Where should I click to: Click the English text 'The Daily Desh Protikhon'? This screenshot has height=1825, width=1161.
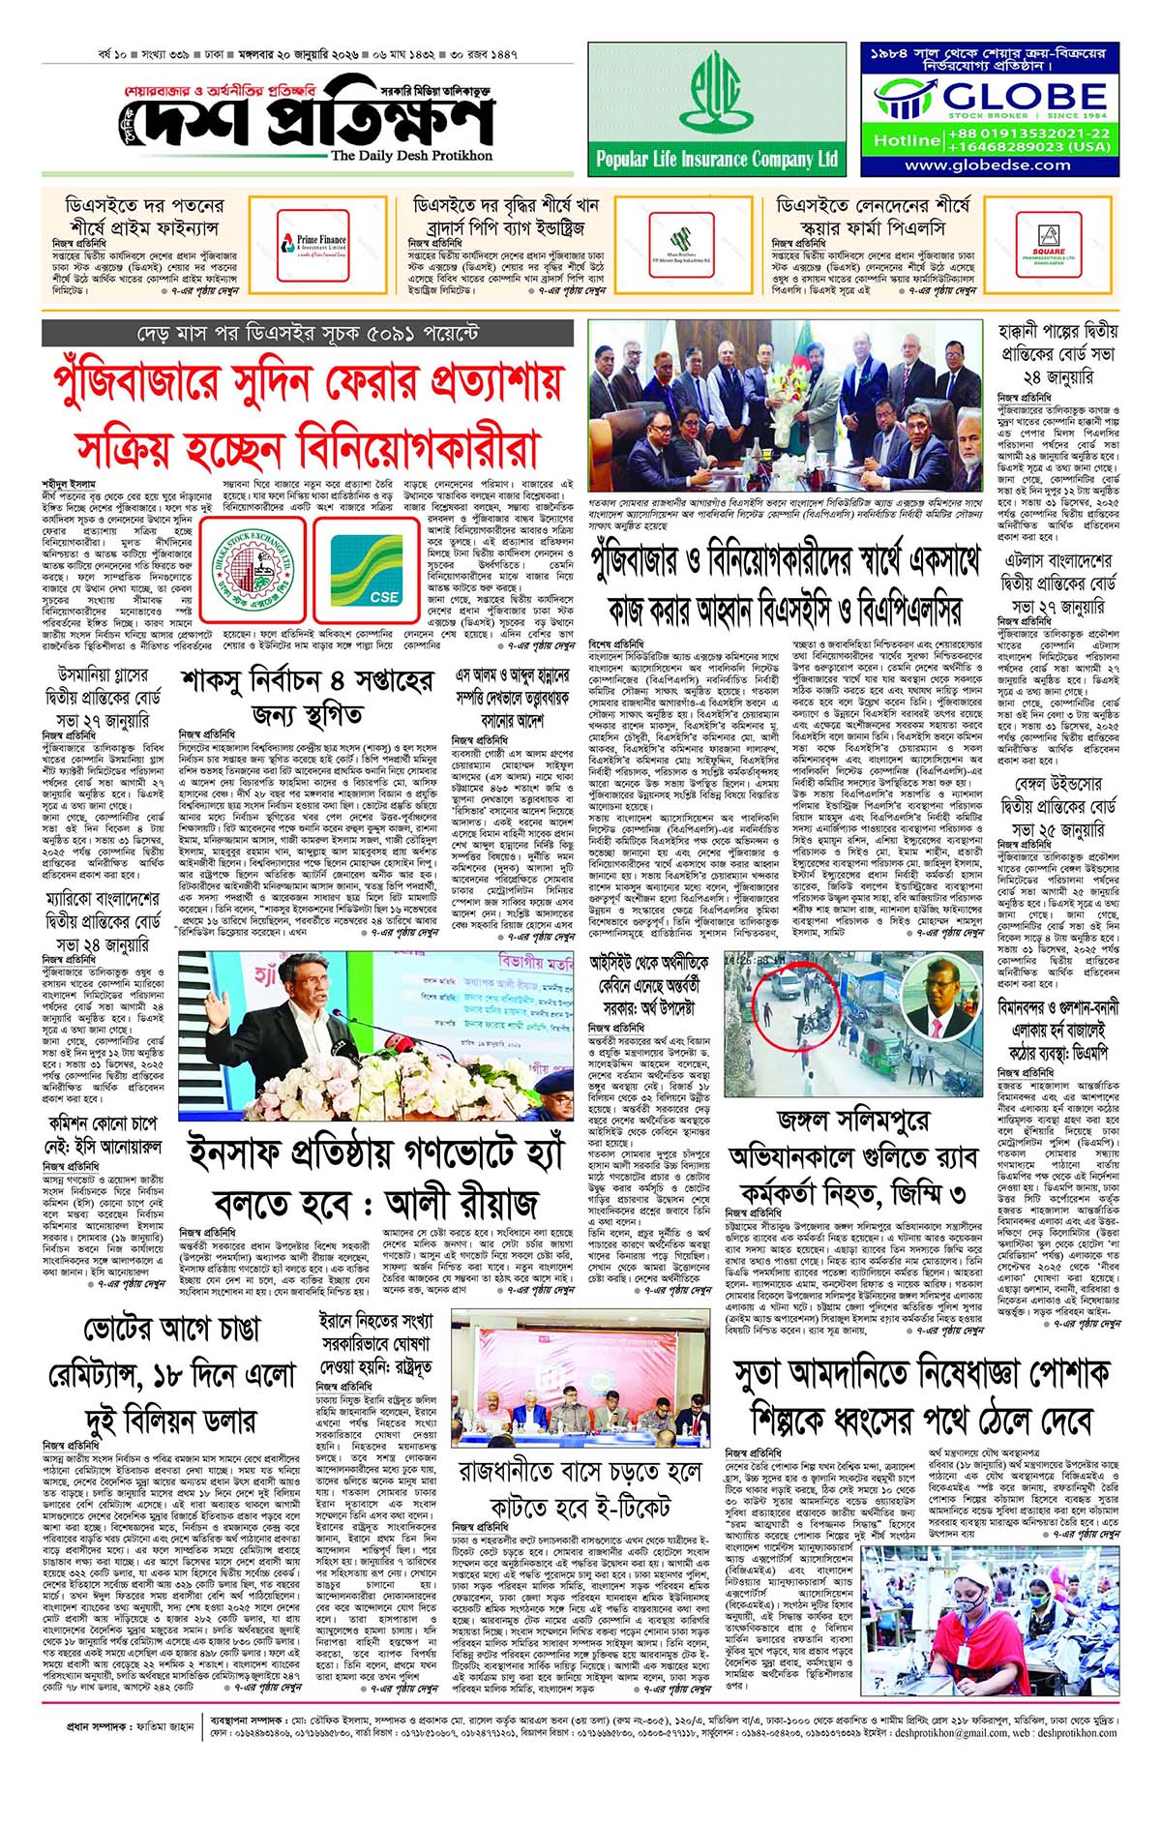tap(411, 155)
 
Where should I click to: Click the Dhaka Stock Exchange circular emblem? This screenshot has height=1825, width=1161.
tap(253, 568)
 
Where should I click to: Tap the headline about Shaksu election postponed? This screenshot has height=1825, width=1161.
tap(306, 697)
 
